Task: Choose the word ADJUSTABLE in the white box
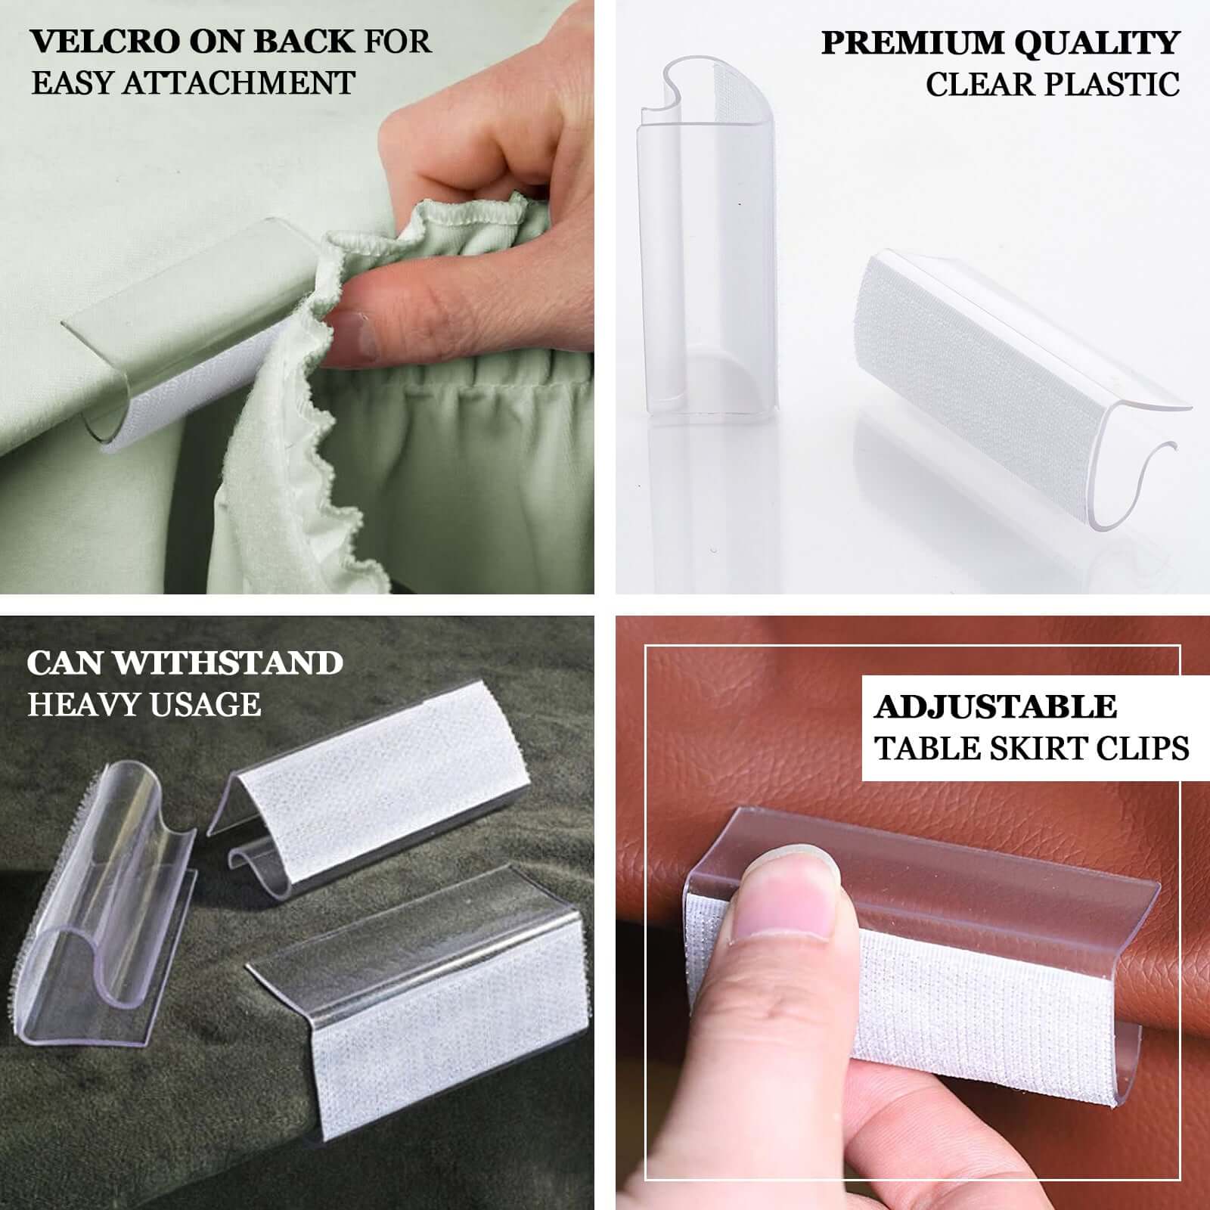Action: click(x=995, y=707)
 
